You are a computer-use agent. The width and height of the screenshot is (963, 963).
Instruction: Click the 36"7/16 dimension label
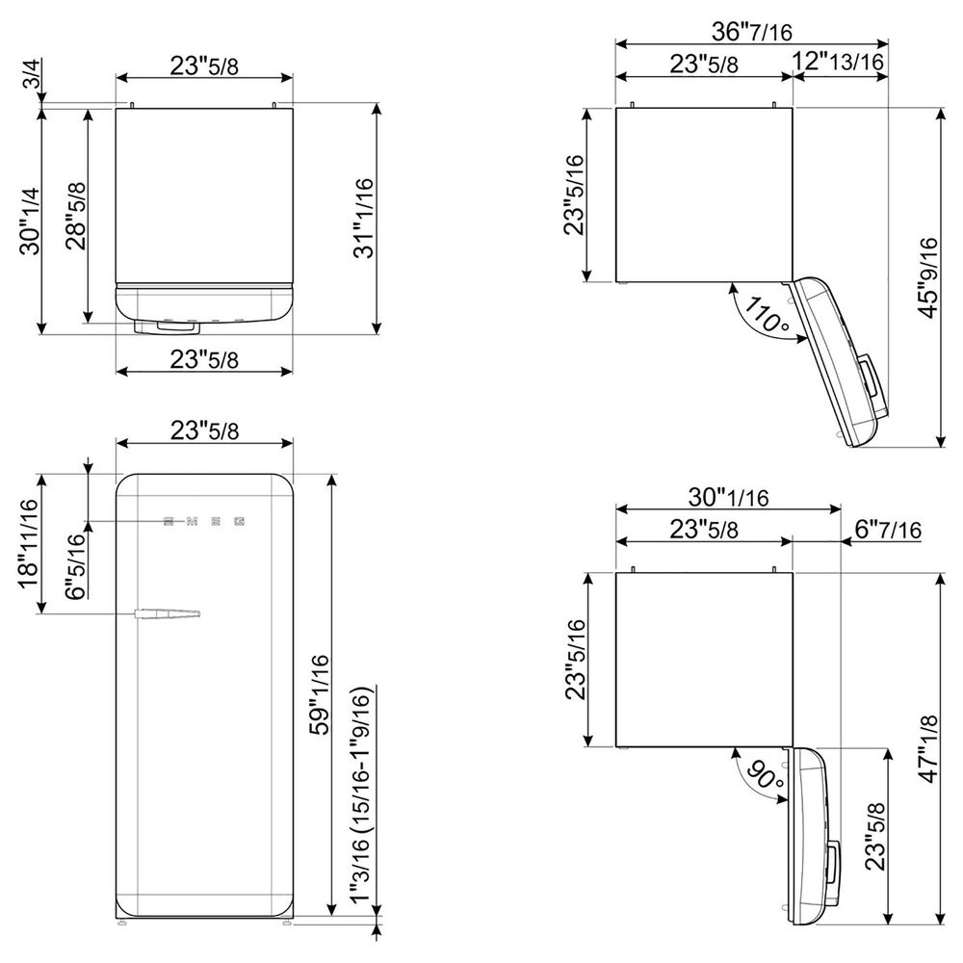(x=752, y=32)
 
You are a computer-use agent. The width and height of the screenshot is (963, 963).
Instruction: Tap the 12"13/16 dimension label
(x=838, y=62)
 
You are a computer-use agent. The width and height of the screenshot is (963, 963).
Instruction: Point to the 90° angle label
(x=766, y=774)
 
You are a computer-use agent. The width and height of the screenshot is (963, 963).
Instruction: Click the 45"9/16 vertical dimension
(x=928, y=277)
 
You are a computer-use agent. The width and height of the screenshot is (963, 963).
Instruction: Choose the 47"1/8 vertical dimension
(x=928, y=748)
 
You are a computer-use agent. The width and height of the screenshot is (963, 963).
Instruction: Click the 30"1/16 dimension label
(x=728, y=497)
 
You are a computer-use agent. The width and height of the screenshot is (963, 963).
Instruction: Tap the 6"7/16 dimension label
(x=888, y=529)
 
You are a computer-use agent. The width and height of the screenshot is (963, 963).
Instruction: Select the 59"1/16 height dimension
(x=320, y=694)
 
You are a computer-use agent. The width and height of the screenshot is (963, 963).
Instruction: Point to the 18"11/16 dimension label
(x=29, y=543)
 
